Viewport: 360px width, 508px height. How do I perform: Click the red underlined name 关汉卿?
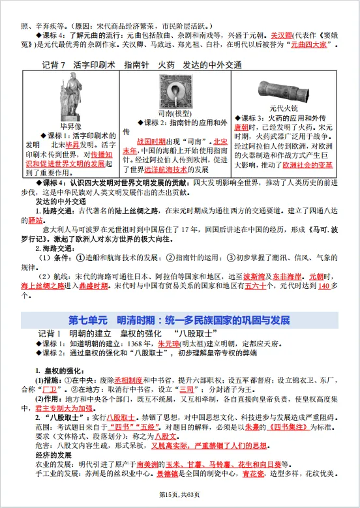(x=265, y=35)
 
